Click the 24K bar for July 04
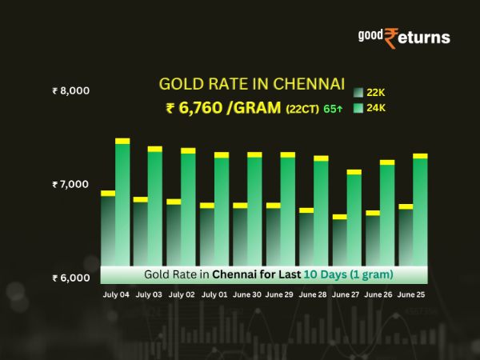pos(122,200)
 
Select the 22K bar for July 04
pos(108,228)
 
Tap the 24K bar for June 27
pos(354,216)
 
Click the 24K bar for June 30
pos(254,208)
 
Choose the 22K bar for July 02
pos(174,232)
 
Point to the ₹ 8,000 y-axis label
pos(70,90)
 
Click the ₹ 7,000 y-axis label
pos(70,184)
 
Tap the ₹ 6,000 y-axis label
pos(70,278)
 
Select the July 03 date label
pos(149,295)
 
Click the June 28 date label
pos(312,295)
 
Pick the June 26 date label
pos(378,295)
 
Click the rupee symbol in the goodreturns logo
pos(392,38)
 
